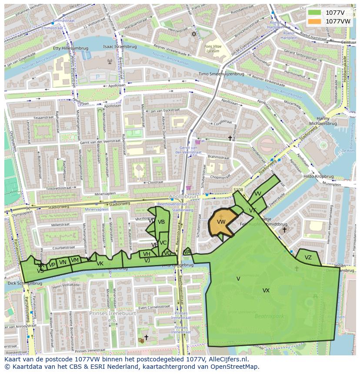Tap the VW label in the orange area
[x=221, y=222]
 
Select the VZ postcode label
[x=308, y=258]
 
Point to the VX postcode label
[x=266, y=291]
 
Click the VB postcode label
[x=161, y=222]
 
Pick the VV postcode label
[x=258, y=194]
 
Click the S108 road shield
[x=238, y=190]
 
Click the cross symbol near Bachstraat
[x=230, y=138]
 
